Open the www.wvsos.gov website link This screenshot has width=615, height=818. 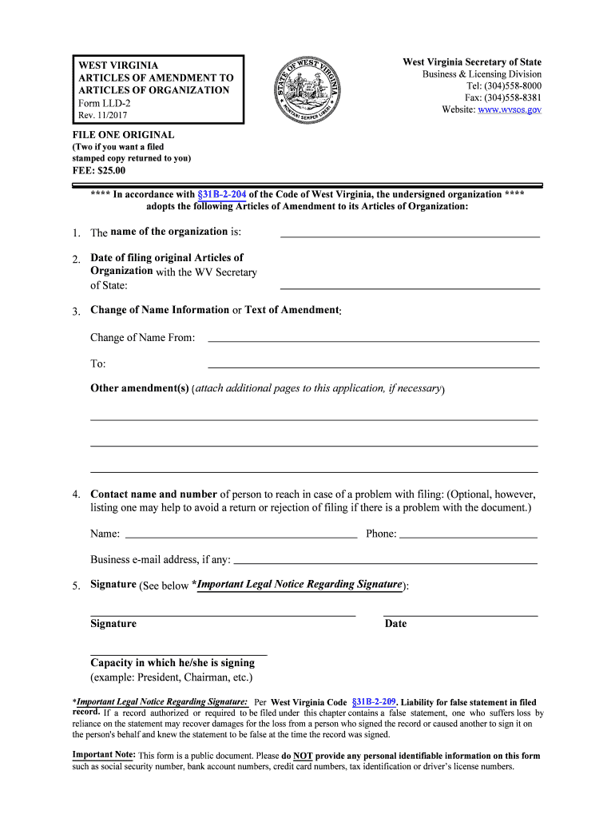tap(510, 109)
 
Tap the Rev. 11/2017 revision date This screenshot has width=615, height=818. tap(105, 116)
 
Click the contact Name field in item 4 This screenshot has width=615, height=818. tap(241, 533)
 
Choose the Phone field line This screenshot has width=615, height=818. tap(467, 533)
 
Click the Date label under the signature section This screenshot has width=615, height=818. tap(395, 624)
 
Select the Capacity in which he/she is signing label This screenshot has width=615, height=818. tap(173, 663)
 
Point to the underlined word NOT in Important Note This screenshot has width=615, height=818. tap(303, 756)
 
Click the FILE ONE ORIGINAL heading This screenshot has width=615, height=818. tap(123, 135)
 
